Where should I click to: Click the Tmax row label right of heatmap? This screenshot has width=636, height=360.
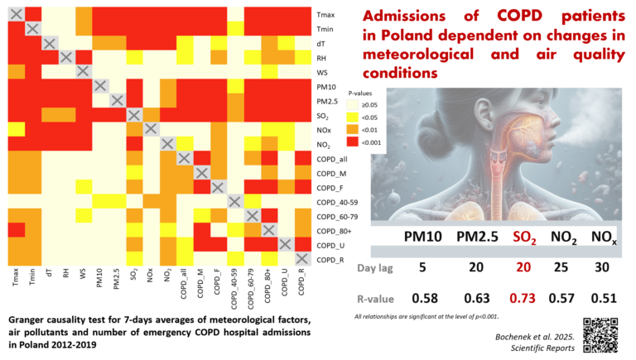tap(325, 14)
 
